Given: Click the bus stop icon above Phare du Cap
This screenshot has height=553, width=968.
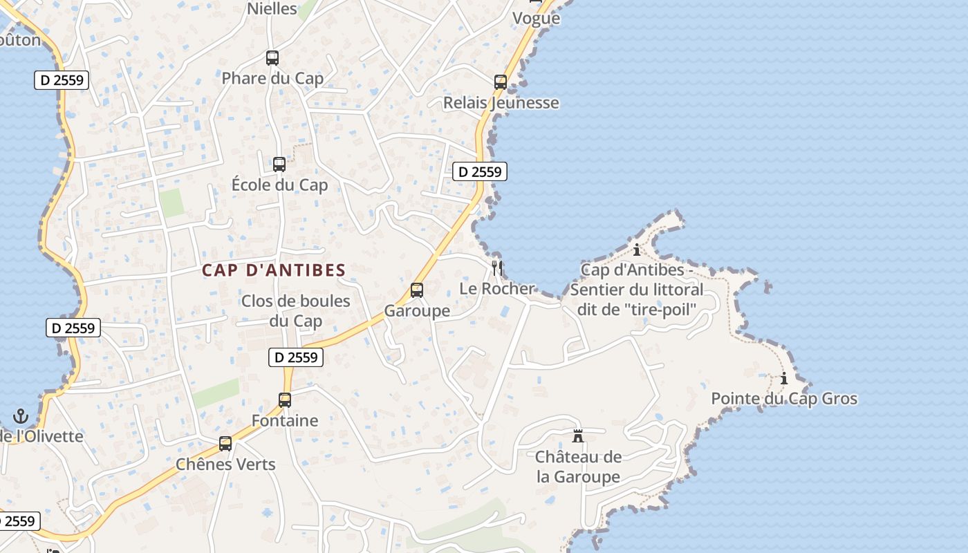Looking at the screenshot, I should click(x=272, y=58).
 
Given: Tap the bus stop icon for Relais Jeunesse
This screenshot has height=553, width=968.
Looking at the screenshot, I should click(x=501, y=82).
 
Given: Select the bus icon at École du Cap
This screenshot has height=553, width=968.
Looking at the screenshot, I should click(x=279, y=165).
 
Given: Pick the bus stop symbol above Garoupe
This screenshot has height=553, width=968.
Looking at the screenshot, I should click(x=417, y=290).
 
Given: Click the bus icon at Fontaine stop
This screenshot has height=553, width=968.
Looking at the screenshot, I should click(x=285, y=400).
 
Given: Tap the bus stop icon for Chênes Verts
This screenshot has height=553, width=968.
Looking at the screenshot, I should click(x=225, y=444).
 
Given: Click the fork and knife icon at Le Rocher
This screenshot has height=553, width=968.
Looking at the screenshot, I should click(x=497, y=268).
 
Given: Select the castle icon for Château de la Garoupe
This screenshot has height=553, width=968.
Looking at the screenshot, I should click(x=578, y=436).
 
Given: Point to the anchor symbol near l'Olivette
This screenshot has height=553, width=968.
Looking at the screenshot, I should click(x=21, y=416).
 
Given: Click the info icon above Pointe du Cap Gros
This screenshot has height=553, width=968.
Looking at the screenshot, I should click(x=784, y=378).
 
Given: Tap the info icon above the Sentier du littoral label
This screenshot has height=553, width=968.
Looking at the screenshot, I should click(x=637, y=250).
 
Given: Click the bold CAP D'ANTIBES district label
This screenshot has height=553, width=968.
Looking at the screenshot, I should click(x=274, y=270).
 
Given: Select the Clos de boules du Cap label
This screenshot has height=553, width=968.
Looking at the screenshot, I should click(x=296, y=311).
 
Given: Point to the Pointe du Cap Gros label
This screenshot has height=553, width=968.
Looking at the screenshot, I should click(x=784, y=399).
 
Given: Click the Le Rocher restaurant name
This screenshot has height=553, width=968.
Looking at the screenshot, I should click(x=497, y=289).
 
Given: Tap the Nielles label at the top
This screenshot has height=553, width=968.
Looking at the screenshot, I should click(x=272, y=9).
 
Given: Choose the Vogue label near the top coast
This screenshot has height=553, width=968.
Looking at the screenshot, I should click(x=536, y=19).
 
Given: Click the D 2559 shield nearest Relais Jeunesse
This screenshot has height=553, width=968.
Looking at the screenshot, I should click(x=480, y=171).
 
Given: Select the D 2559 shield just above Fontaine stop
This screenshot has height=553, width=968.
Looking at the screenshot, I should click(x=296, y=357).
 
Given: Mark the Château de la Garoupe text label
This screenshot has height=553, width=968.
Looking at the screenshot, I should click(x=579, y=467).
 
